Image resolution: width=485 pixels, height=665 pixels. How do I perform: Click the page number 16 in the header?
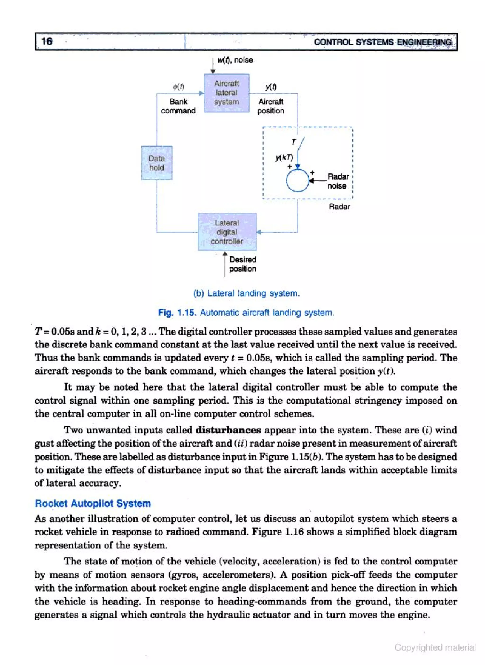coord(47,41)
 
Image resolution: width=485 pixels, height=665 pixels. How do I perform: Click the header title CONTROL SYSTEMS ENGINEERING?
coord(383,42)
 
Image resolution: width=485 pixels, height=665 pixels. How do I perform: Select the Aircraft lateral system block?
coord(226,93)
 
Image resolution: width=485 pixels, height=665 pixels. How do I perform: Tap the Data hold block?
coord(157,163)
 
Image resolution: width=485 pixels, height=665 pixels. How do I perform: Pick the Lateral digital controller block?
coord(227,232)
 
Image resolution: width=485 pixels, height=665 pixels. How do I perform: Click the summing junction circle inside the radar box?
coord(298,180)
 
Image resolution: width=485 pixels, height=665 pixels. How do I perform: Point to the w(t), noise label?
coord(235,60)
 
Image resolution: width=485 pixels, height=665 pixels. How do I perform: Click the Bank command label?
coord(178,106)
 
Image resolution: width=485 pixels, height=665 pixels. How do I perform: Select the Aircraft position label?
coord(271,106)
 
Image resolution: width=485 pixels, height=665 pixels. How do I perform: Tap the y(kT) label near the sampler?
coord(284,158)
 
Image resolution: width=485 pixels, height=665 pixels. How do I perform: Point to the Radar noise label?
coord(338,181)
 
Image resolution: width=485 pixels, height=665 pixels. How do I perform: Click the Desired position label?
coord(243,264)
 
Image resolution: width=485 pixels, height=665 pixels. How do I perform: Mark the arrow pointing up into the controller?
coord(225,255)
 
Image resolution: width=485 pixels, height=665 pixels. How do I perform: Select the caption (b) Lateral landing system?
coord(247,293)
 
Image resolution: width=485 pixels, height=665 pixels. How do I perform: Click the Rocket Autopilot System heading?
coord(93,503)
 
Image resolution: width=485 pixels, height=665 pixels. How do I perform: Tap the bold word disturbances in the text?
coord(228,430)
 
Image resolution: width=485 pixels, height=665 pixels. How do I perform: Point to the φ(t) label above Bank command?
coord(178,87)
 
